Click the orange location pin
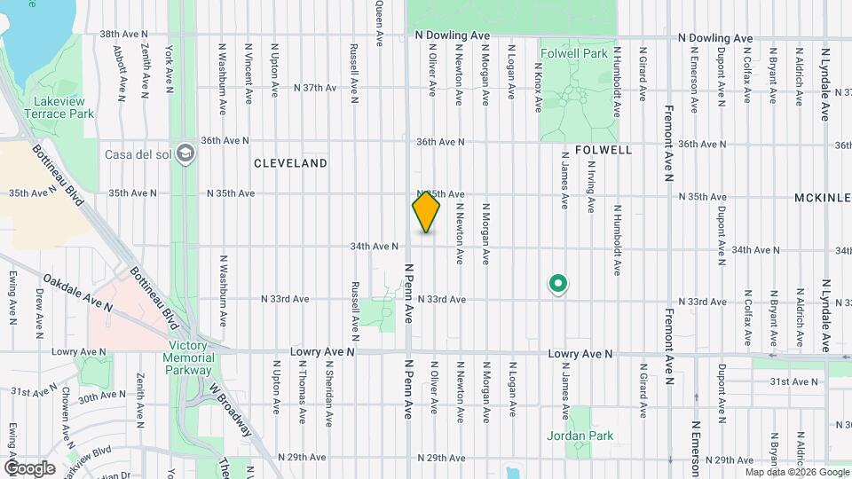pos(427,211)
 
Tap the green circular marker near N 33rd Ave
pos(558,284)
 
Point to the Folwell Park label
pos(574,53)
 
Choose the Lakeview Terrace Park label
pos(59,108)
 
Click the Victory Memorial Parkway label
pos(191,357)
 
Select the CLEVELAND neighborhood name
pos(290,163)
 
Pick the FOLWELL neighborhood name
pos(603,150)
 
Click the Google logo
pos(29,467)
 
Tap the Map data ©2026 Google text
pos(796,472)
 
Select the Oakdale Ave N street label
pos(77,292)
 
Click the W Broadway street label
pos(231,408)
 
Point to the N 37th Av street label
pos(316,88)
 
